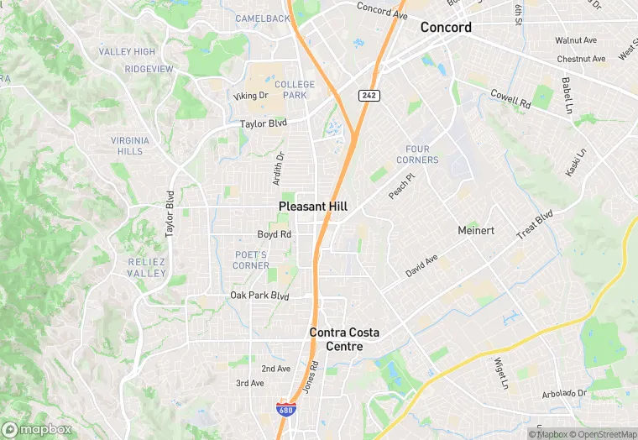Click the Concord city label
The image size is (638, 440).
446,27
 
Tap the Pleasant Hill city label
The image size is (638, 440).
313,206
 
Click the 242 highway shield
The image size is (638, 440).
369,95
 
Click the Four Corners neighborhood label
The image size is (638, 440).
416,155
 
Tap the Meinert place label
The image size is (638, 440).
477,230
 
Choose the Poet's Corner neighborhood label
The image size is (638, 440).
251,260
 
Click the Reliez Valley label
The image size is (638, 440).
147,268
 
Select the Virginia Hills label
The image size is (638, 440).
130,146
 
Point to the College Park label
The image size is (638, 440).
295,90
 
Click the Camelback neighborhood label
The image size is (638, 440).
262,18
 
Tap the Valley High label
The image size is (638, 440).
127,52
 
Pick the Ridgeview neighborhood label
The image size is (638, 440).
149,69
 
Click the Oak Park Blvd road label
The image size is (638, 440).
259,296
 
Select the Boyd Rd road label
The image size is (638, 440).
274,234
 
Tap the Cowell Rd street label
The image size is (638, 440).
510,100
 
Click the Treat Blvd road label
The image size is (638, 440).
535,225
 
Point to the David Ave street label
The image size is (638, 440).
421,267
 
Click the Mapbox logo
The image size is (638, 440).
36,429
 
